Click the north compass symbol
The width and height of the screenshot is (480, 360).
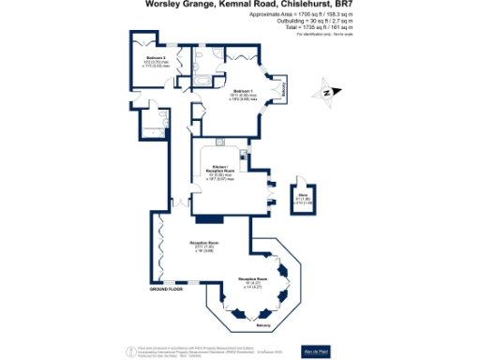(x=326, y=92)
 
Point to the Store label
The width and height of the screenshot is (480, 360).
(x=304, y=197)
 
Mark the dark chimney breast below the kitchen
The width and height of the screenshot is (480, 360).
(x=203, y=219)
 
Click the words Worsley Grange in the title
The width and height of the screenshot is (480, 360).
(x=175, y=5)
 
